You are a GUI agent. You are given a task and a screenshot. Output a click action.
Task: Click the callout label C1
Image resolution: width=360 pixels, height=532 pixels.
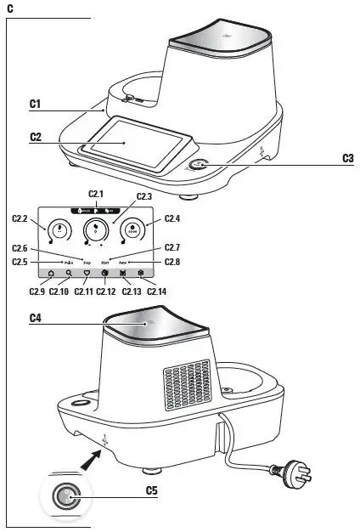pyautogui.click(x=35, y=103)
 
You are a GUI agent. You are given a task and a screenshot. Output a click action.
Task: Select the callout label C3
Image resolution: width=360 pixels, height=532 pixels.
pyautogui.click(x=347, y=157)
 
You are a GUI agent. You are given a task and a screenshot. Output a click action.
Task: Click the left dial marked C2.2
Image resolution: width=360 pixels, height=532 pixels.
pyautogui.click(x=59, y=229)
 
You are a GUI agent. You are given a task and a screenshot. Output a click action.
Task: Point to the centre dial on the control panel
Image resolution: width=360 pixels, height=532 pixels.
pyautogui.click(x=96, y=229)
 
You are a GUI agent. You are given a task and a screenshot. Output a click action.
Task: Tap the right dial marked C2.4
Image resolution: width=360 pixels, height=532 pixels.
pyautogui.click(x=132, y=229)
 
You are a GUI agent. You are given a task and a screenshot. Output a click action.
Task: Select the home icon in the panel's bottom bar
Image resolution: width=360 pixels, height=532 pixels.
pyautogui.click(x=50, y=274)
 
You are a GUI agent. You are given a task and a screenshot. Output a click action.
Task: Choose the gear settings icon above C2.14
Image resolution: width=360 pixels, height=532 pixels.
pyautogui.click(x=142, y=274)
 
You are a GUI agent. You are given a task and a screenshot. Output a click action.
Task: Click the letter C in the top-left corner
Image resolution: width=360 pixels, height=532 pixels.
pyautogui.click(x=8, y=7)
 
